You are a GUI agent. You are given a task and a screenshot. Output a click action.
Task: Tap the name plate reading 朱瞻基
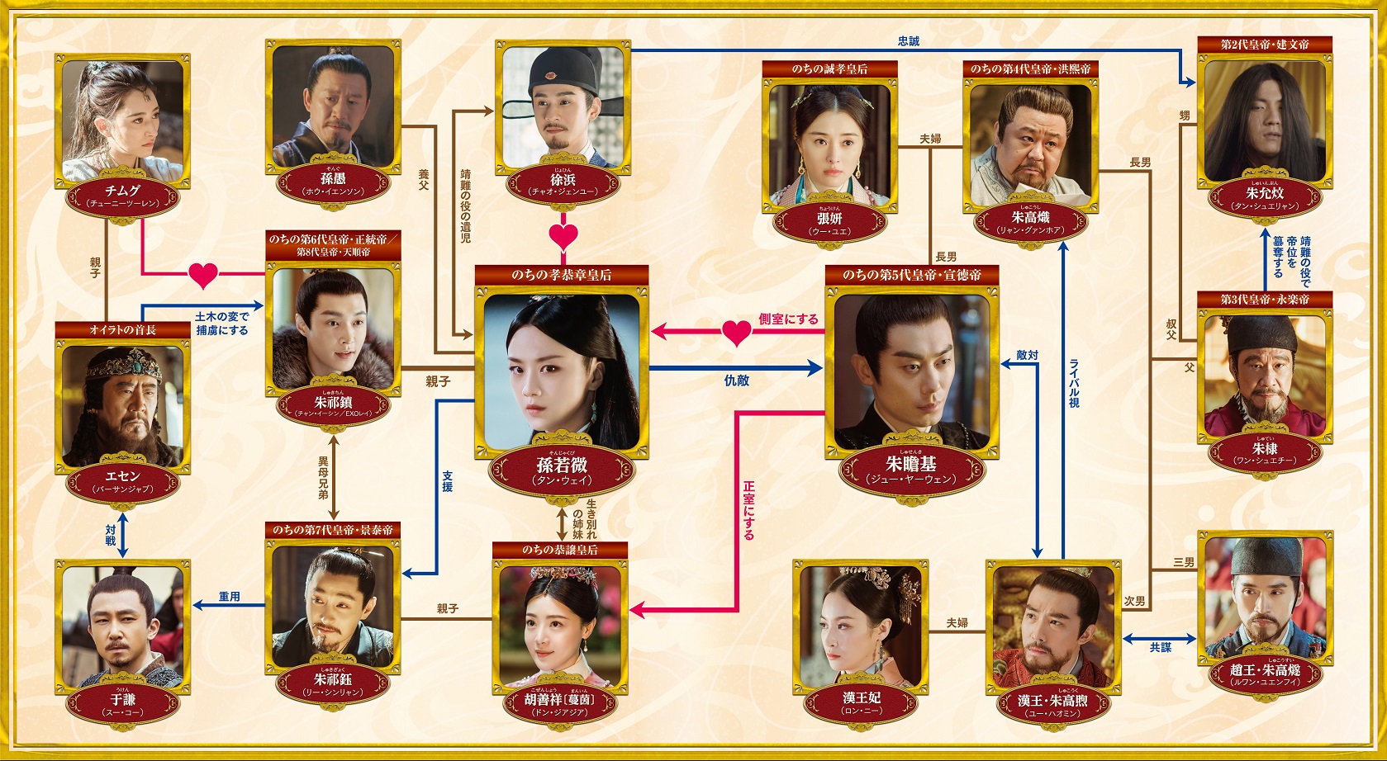pos(911,470)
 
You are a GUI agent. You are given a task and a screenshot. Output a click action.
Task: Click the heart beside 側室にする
pos(736,333)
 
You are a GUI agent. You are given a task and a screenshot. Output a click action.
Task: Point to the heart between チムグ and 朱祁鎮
pos(202,274)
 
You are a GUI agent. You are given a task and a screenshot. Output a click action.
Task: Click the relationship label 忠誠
pos(908,40)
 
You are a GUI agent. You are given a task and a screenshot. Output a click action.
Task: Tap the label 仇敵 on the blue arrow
pos(736,380)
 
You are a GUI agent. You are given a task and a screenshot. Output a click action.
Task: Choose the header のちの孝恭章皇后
pos(562,275)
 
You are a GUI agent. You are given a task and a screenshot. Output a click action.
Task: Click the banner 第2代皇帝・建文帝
pos(1265,45)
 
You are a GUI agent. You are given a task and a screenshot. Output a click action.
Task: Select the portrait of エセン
pos(123,404)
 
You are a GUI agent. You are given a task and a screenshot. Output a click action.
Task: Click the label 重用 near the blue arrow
pos(230,596)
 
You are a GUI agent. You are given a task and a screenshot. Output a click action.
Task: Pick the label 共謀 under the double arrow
pos(1160,647)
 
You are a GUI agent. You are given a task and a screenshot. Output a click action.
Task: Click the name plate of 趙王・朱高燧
pos(1265,675)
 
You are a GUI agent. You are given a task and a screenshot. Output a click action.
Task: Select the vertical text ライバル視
pos(1074,383)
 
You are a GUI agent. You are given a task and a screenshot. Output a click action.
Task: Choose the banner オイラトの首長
pos(123,330)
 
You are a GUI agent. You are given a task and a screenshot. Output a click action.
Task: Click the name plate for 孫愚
pos(333,183)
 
